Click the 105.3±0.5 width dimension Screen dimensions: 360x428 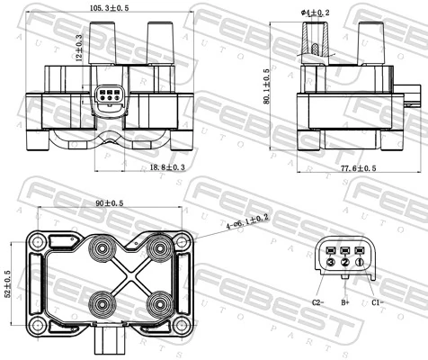(110, 8)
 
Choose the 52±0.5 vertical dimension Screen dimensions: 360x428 (9, 285)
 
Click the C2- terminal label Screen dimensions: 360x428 (317, 302)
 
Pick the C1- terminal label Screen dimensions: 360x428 (378, 302)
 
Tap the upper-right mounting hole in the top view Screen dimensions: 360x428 (182, 240)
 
